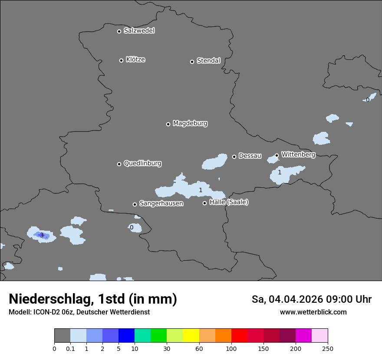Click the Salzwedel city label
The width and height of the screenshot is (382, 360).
[x=139, y=31]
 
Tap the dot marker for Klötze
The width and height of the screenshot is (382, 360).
[x=121, y=60]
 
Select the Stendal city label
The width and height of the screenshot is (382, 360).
[x=208, y=61]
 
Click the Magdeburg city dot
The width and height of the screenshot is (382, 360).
[x=168, y=124]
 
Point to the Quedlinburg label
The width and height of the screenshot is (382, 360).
[x=142, y=164]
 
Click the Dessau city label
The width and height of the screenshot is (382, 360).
[x=250, y=156]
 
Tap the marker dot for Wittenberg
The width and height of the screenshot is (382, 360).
[x=277, y=155]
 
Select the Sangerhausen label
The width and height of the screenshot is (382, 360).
[x=161, y=203]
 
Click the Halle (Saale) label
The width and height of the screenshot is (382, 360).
[x=229, y=202]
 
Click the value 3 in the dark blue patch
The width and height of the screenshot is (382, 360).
[x=42, y=235]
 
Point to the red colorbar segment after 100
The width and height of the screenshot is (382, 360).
[x=239, y=336]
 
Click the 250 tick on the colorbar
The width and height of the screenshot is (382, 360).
[x=328, y=348]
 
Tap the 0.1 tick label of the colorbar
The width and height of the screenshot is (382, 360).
[x=70, y=348]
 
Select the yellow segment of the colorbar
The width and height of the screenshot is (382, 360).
[x=191, y=336]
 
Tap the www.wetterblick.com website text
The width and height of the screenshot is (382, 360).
[x=313, y=312]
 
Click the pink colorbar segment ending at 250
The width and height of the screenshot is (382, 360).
[x=319, y=336]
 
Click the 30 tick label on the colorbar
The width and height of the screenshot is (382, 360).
[x=167, y=348]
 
